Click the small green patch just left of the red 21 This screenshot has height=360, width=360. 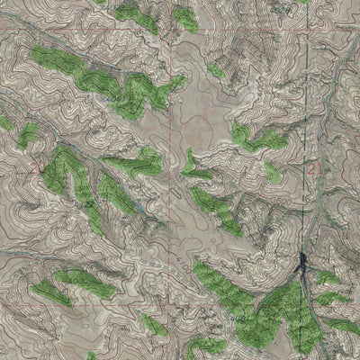tap(273, 171)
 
